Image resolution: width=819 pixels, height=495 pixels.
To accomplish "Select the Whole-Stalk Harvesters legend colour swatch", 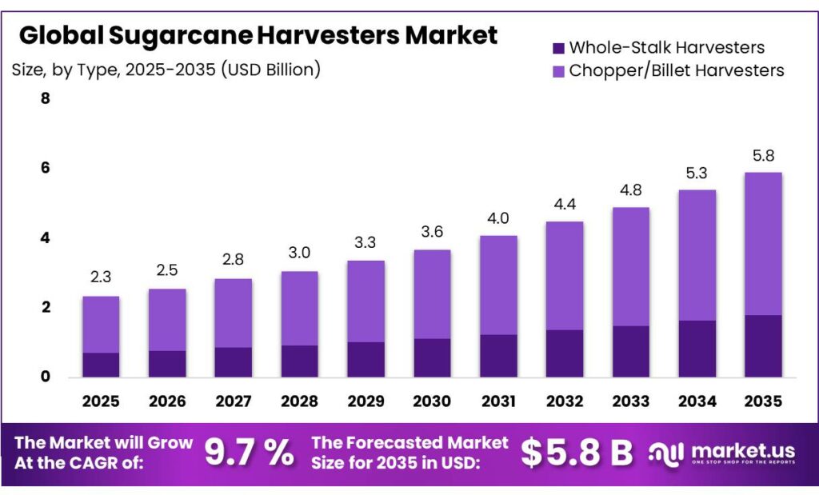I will [558, 48].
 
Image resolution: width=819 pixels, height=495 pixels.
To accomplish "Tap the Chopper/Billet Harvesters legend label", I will [677, 70].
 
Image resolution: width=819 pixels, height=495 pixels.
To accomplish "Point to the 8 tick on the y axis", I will [46, 99].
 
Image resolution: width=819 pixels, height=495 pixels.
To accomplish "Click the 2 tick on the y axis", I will [46, 307].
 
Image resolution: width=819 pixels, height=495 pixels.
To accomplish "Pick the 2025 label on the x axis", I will [101, 400].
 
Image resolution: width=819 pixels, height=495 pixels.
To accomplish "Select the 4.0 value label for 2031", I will [499, 218].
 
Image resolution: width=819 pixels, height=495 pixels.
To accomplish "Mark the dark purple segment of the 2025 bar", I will [101, 364].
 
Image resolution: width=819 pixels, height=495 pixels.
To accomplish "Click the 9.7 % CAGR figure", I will [249, 453].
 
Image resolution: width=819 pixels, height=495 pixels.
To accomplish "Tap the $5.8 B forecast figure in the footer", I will [577, 453].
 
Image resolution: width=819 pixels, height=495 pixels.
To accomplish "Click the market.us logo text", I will [733, 449].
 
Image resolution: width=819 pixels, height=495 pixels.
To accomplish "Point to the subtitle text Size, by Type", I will [68, 70].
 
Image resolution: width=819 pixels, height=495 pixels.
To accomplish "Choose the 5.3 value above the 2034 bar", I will [697, 173].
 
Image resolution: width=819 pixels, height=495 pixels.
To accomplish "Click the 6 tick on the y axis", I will [46, 168].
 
